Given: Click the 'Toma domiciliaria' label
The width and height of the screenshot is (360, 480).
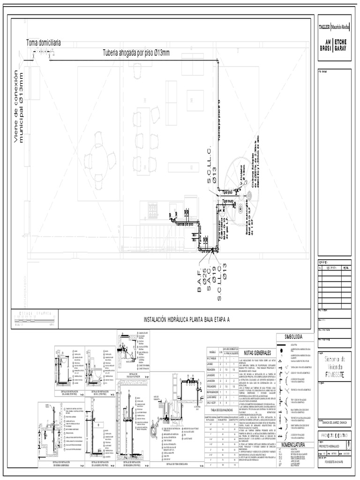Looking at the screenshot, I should coord(43,43).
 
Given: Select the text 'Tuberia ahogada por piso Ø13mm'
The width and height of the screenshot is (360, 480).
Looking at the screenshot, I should coord(135,52).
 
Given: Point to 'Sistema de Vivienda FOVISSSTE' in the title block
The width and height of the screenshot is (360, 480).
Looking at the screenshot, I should coord(334,366).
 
